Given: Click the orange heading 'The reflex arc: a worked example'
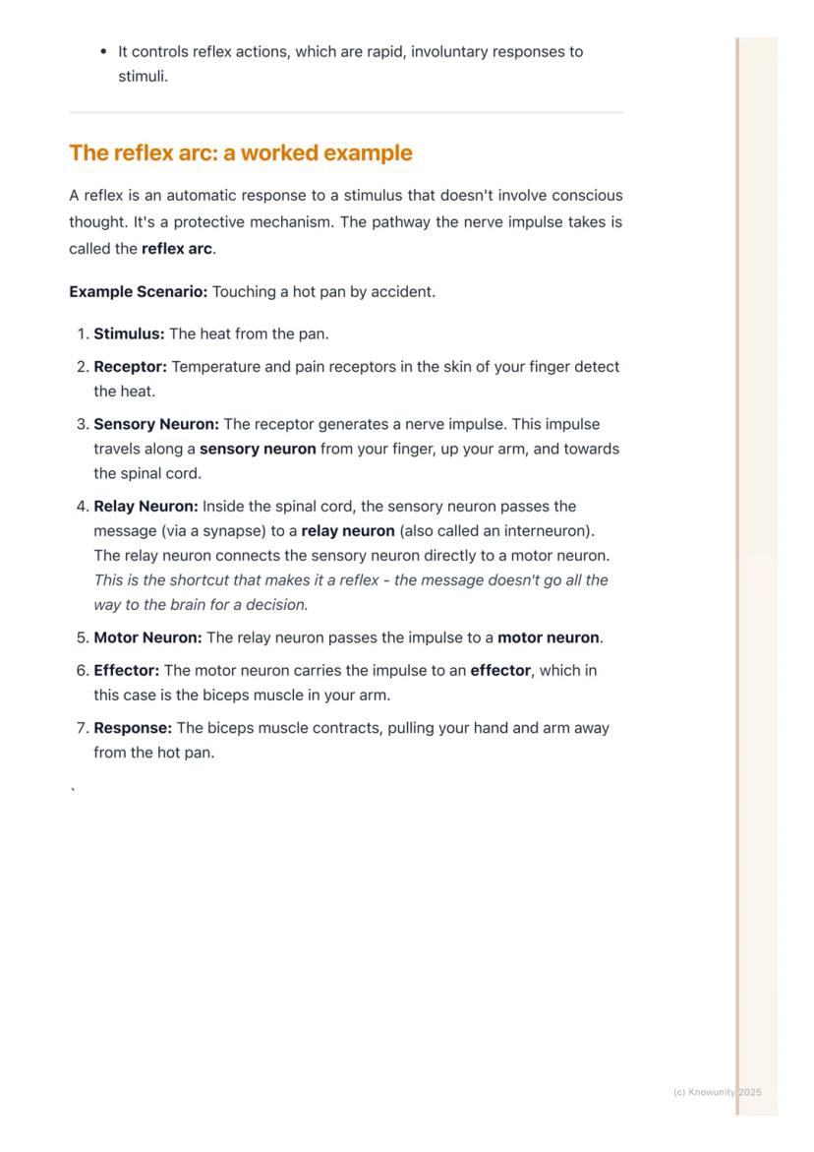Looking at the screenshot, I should tap(241, 153).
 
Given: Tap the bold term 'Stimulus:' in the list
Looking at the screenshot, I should tap(129, 334).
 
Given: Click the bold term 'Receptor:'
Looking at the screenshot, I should tap(131, 367).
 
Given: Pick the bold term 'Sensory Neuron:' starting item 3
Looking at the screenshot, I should tap(156, 425).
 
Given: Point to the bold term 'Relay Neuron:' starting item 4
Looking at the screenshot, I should tap(145, 507).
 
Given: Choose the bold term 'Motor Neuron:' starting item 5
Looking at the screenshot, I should tap(147, 637).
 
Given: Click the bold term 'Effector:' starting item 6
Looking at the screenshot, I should tap(127, 671).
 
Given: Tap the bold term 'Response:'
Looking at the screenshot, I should tap(133, 729).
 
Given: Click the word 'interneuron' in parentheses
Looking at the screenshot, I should tap(545, 531).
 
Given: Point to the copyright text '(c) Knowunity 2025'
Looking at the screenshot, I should tap(717, 1093).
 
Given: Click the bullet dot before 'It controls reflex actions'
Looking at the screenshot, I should tap(103, 52).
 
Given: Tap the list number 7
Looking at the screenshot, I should tap(81, 729).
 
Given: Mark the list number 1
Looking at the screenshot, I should tap(81, 334).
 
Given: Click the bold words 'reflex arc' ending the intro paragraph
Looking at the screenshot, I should tap(177, 249).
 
